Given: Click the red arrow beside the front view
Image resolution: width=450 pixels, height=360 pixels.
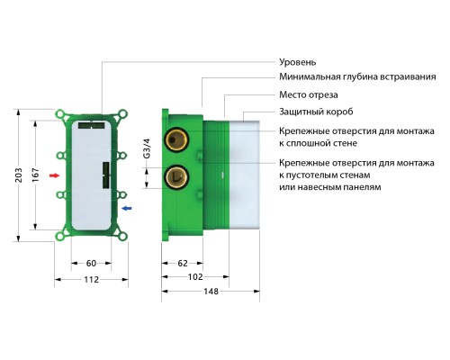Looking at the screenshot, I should pyautogui.click(x=54, y=175).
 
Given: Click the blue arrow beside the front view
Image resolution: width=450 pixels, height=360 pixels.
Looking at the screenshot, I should pyautogui.click(x=128, y=208).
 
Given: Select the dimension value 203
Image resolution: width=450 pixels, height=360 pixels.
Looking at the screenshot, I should pyautogui.click(x=19, y=175).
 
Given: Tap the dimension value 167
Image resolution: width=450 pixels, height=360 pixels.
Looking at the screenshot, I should pyautogui.click(x=36, y=175).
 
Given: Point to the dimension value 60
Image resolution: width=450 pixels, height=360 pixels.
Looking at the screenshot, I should pyautogui.click(x=90, y=264).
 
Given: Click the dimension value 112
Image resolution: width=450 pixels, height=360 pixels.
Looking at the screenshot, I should pyautogui.click(x=90, y=281).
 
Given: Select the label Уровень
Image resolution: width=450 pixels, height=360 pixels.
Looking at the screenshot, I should pyautogui.click(x=297, y=62).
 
